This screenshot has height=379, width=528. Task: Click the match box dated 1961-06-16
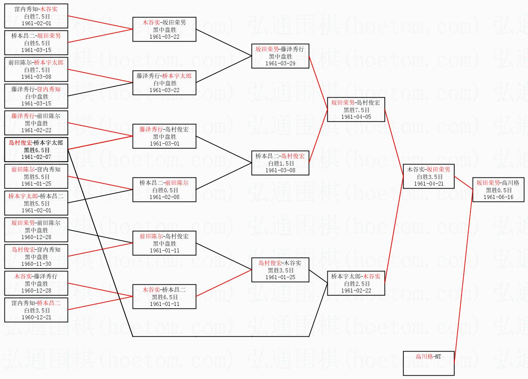(x=498, y=190)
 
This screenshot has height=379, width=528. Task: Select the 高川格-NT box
(x=428, y=363)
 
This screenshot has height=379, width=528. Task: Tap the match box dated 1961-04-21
(x=428, y=176)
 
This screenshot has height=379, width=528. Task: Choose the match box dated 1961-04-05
(x=356, y=110)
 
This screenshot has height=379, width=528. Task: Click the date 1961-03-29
(x=280, y=63)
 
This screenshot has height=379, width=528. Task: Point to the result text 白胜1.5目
(x=280, y=163)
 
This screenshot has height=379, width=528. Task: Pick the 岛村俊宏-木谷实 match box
(x=280, y=270)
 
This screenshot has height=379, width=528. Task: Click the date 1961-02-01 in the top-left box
(x=36, y=23)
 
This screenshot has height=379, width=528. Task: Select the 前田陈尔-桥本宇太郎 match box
(x=36, y=69)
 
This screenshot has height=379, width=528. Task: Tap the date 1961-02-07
(x=36, y=157)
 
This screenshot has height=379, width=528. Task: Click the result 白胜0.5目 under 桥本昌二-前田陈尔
(x=164, y=190)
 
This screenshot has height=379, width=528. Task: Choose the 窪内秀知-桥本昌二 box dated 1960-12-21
(x=36, y=310)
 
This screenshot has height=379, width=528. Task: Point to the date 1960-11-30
(x=36, y=264)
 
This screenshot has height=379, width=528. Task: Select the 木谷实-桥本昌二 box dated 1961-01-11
(x=164, y=297)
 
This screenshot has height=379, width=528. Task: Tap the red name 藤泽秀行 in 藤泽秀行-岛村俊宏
(x=151, y=129)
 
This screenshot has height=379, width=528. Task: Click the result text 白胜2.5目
(x=356, y=284)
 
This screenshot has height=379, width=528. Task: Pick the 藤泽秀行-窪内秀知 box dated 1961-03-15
(x=36, y=96)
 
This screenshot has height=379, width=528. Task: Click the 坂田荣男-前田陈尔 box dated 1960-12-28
(x=36, y=230)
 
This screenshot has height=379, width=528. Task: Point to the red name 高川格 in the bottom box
(x=424, y=356)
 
